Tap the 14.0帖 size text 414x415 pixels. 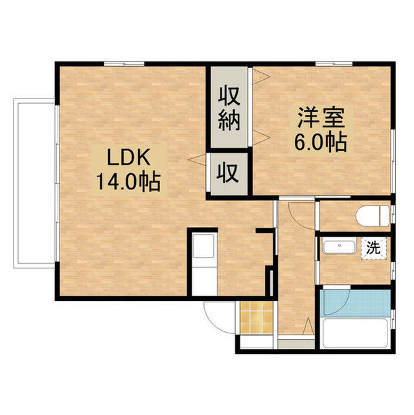coord(128,182)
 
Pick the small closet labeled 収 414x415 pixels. coord(228,173)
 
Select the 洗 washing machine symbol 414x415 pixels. coord(373,248)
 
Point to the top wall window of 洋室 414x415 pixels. coord(334,63)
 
